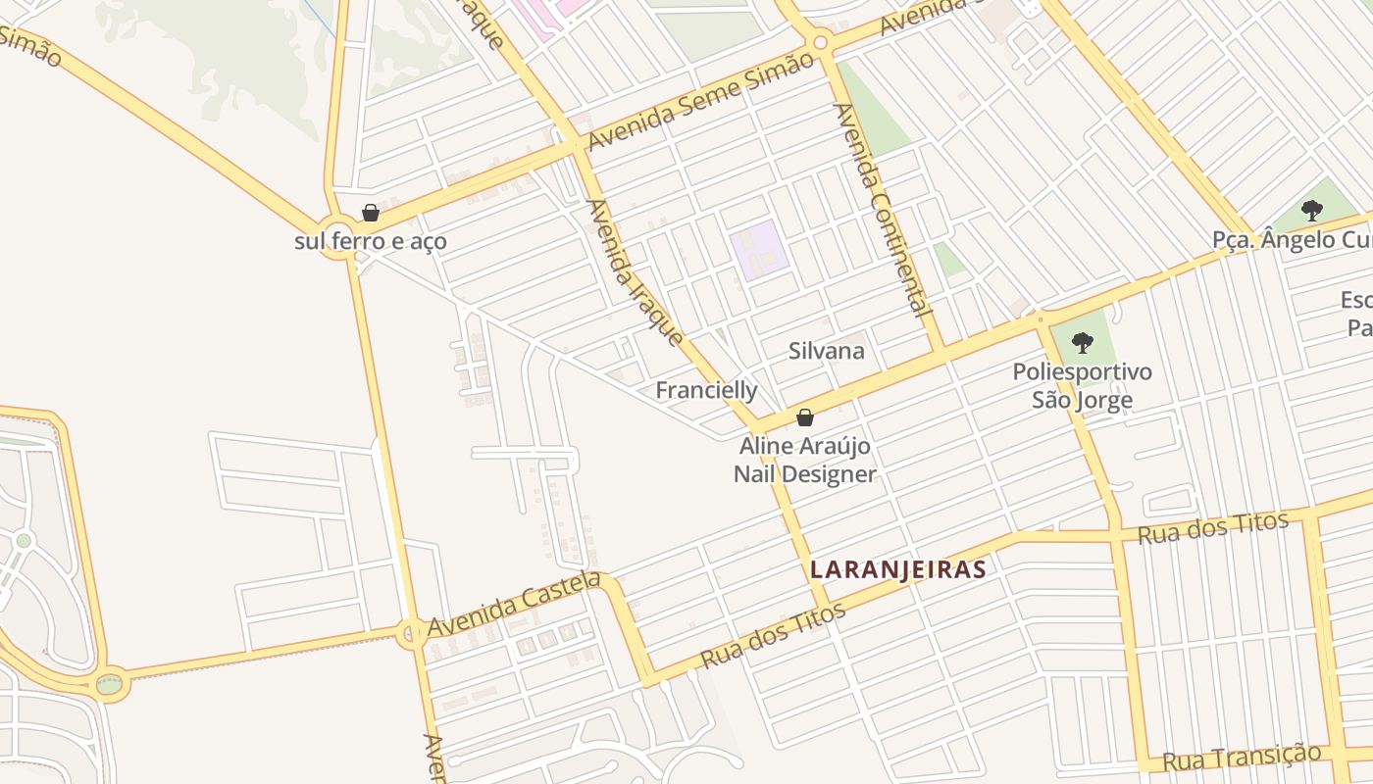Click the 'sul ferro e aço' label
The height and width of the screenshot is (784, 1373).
pos(370,240)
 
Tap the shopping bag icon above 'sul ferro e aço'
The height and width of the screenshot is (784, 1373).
pos(371,213)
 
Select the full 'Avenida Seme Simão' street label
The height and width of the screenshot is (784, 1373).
pos(700,100)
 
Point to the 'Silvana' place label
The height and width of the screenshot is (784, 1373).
pos(827,351)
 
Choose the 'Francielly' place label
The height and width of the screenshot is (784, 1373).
pos(706,390)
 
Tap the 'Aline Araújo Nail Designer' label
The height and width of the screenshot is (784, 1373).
pos(805,461)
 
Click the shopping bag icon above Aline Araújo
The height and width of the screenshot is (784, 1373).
pos(805,417)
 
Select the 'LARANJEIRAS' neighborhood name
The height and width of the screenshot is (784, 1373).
pos(897,569)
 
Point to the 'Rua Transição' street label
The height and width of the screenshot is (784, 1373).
pos(1242,758)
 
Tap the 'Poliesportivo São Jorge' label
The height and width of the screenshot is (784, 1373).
pos(1082,386)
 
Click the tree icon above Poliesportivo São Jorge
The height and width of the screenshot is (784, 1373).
pos(1083,343)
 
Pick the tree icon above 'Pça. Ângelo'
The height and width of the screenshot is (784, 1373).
pos(1311,210)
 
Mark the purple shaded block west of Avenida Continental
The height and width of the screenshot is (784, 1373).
pos(758,246)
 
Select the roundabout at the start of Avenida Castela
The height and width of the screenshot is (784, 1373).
pos(413,633)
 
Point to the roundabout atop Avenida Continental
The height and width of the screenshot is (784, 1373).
pos(821,42)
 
